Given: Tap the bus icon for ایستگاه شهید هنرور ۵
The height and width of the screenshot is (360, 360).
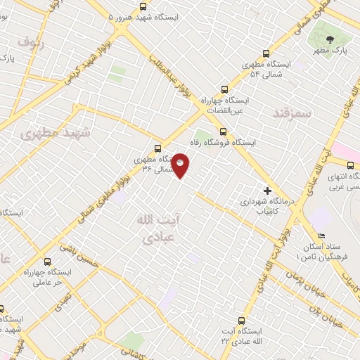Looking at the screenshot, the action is [109, 15].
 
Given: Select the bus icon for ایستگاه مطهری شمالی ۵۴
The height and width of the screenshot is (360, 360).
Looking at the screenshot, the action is [266, 53].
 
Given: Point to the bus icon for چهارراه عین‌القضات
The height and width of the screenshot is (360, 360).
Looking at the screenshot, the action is [224, 89].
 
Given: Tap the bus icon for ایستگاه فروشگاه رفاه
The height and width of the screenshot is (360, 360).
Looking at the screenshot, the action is [223, 131].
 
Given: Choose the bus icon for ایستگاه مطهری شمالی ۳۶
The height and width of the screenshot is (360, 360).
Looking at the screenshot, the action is [157, 148].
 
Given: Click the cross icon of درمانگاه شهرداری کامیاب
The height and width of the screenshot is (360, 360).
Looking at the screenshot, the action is [266, 190].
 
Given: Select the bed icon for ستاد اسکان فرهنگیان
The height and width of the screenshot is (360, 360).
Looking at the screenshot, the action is [321, 236].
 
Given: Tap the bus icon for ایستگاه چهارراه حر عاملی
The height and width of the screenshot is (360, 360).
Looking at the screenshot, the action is [47, 261].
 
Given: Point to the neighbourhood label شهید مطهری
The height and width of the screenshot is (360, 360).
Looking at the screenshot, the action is [51, 134].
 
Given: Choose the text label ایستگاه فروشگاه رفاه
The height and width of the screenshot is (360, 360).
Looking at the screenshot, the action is [256, 142].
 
